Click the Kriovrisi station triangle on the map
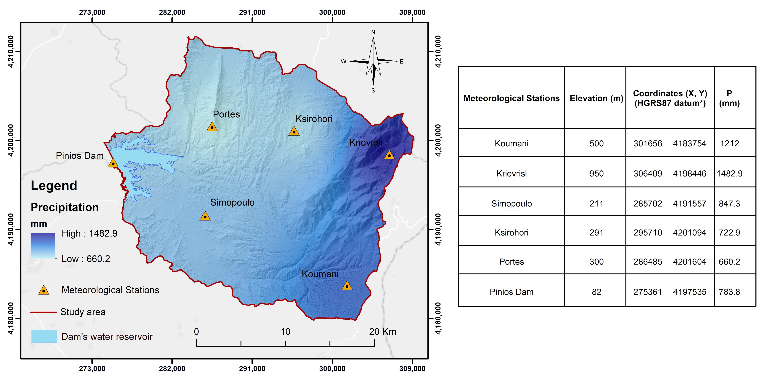(x=389, y=155)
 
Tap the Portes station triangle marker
(x=212, y=127)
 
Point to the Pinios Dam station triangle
(x=113, y=163)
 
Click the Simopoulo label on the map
(x=232, y=202)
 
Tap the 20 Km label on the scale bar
(x=383, y=332)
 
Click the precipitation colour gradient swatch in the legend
(x=43, y=246)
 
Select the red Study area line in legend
(x=43, y=312)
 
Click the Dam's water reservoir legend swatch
(x=44, y=336)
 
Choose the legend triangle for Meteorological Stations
(x=44, y=290)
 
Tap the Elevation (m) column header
(x=596, y=98)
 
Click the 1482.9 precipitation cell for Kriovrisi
(x=729, y=173)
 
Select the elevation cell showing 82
(x=596, y=292)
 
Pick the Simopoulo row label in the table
(x=511, y=204)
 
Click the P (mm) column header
(x=729, y=98)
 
